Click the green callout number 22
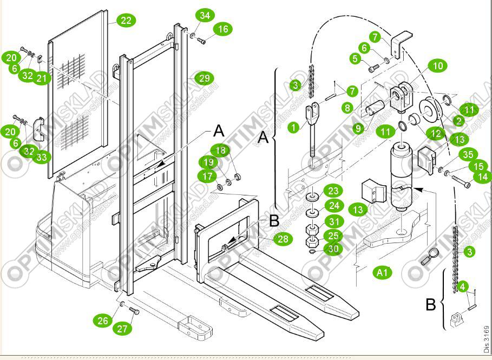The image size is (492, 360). (126, 21)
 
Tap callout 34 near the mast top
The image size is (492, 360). (204, 15)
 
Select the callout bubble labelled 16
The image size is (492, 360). (223, 29)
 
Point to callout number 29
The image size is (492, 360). (204, 78)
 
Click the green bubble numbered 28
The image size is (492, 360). (281, 239)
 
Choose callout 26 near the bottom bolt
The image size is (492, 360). (103, 320)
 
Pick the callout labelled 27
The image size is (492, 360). (123, 328)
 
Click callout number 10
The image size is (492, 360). (438, 66)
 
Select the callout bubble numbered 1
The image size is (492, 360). (293, 128)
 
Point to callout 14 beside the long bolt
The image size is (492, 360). (482, 176)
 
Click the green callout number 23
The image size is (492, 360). (333, 191)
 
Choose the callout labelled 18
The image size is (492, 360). (219, 151)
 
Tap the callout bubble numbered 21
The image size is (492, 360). (43, 78)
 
